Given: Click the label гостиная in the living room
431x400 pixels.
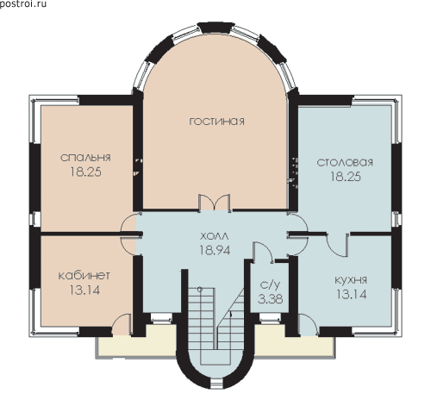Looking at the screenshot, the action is (x=217, y=122).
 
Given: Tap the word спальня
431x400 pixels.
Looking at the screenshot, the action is (x=85, y=158).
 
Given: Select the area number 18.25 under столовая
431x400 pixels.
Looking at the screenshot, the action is (x=346, y=177).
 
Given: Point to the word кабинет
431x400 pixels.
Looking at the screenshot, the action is (x=84, y=276).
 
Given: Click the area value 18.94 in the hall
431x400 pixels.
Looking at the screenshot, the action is (x=215, y=251).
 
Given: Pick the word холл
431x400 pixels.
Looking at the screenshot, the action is (x=215, y=236).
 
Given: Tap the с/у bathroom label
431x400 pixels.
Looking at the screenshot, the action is (x=270, y=285).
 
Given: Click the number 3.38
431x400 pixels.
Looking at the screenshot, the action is (x=270, y=299).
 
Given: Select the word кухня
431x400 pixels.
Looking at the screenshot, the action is (x=351, y=280).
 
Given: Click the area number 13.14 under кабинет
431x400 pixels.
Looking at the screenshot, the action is (x=84, y=290).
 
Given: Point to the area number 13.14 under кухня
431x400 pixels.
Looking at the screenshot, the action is (x=352, y=295).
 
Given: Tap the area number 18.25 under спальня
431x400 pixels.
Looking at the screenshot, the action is (x=85, y=172).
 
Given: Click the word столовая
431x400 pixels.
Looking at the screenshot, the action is (x=345, y=162).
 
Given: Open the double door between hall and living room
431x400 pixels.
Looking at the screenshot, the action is (x=215, y=203).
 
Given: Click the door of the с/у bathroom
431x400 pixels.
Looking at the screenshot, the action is (x=263, y=252).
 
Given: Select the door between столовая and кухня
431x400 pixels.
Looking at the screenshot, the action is (x=338, y=244).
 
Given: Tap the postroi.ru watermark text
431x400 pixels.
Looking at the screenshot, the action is (x=23, y=4).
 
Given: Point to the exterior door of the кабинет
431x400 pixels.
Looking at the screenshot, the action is (x=122, y=325).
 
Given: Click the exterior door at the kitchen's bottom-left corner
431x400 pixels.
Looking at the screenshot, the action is (x=308, y=325).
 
